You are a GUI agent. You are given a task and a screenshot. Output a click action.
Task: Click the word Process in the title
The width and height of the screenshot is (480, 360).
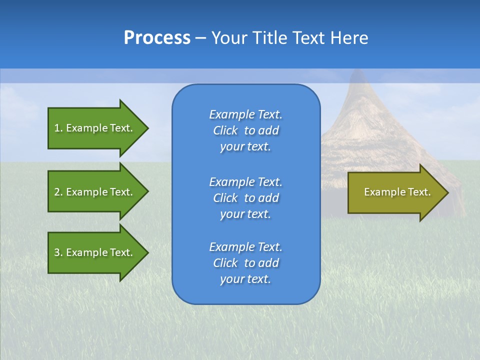[x=157, y=38]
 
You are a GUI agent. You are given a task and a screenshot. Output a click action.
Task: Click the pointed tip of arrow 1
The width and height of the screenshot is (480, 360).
[x=147, y=128]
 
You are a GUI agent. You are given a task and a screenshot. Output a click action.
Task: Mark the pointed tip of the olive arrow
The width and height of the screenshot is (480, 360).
[x=447, y=192]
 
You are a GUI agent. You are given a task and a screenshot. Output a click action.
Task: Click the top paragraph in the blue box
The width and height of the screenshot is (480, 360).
[x=245, y=130]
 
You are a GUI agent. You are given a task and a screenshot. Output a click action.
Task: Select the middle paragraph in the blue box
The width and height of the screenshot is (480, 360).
[x=245, y=198]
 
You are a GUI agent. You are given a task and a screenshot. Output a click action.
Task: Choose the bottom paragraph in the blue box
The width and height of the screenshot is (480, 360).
[x=245, y=263]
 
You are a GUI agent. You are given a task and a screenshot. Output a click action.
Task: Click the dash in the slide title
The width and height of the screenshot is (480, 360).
[x=201, y=38]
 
